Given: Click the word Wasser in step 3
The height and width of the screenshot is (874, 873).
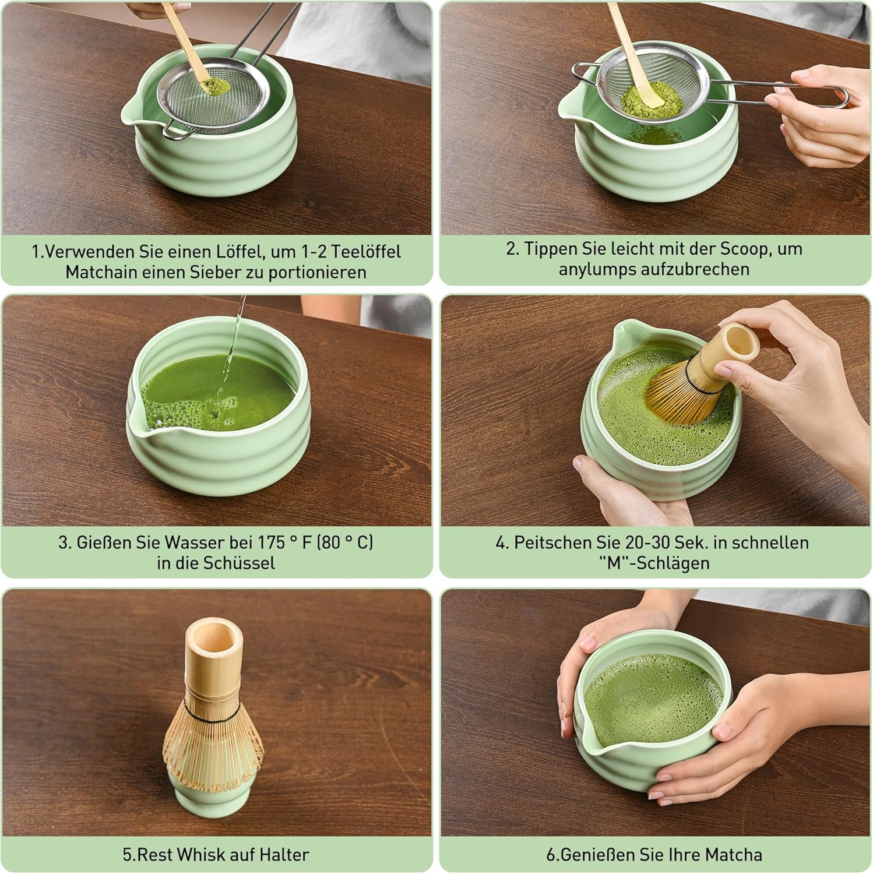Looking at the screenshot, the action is coord(194,542).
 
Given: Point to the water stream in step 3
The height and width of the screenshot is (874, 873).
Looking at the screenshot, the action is coord(230,355).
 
